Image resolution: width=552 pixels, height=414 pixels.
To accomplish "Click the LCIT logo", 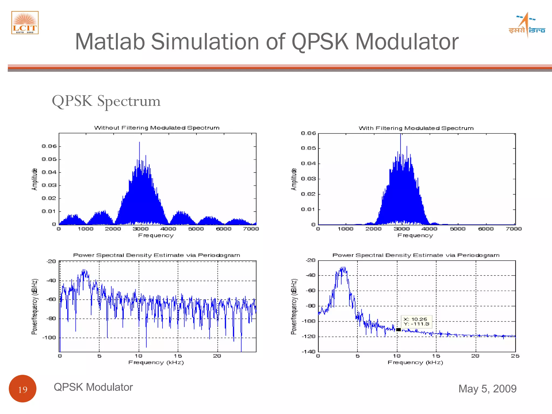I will (25, 23).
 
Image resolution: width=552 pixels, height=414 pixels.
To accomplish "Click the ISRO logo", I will (527, 25).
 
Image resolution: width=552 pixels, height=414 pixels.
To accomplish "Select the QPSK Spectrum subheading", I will (106, 101).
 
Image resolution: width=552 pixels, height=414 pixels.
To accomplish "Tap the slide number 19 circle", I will (23, 389).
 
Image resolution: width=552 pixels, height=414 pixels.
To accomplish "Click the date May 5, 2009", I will (487, 389).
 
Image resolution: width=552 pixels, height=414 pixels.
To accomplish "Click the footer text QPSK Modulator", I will (93, 387).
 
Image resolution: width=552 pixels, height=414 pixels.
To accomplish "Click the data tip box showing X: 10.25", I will (416, 322).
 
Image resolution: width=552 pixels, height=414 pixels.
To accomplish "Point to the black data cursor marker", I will (398, 330).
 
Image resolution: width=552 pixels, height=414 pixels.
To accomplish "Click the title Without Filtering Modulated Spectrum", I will (157, 128).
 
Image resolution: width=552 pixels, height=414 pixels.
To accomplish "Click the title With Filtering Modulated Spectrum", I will (416, 128).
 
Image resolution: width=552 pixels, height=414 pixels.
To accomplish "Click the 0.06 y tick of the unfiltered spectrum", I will (49, 146).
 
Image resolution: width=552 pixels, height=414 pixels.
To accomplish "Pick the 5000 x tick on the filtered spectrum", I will (458, 229).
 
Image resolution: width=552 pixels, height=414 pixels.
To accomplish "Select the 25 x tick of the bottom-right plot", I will (515, 356).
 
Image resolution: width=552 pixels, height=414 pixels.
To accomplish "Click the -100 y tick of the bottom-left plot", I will (49, 337).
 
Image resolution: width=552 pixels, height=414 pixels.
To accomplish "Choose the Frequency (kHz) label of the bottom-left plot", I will (156, 363).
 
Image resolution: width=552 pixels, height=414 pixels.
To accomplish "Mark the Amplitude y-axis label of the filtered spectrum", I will (294, 179).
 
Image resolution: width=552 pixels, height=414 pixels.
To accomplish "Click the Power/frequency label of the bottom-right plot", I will (294, 307).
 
